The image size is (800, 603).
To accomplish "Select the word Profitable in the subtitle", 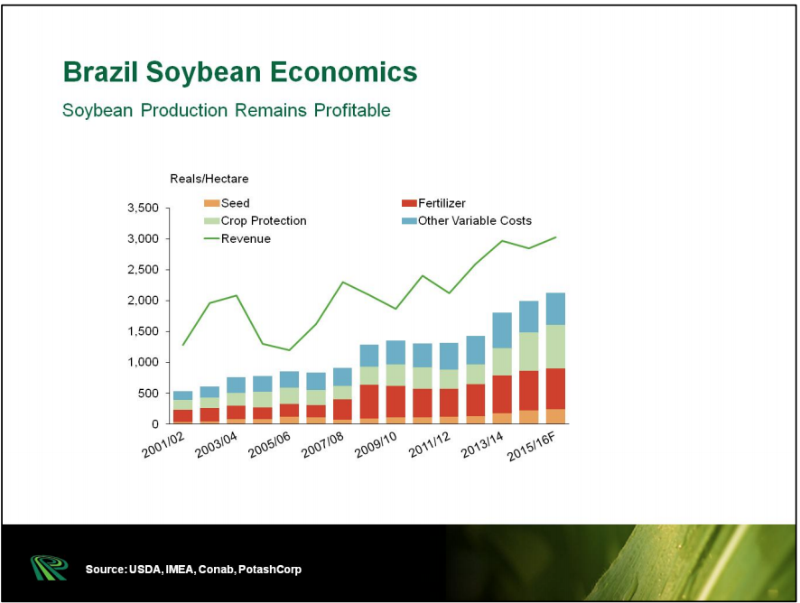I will [352, 111].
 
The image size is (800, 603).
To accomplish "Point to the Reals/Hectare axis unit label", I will [209, 179].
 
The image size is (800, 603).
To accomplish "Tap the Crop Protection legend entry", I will [264, 221].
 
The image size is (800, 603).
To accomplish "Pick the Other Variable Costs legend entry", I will [474, 221].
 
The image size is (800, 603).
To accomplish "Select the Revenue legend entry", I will [246, 239].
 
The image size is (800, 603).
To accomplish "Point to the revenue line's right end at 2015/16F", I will [555, 237].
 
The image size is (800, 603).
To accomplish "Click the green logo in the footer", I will [48, 568].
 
